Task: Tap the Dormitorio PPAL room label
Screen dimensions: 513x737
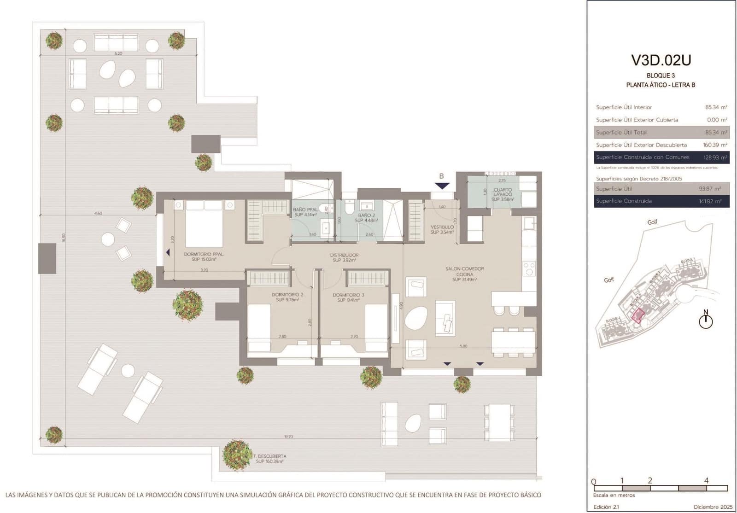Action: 204,256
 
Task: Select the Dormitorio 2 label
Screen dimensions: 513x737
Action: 287,297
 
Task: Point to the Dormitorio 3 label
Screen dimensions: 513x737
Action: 348,297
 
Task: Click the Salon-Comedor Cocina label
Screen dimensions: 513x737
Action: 464,274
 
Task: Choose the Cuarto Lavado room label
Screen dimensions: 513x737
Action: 502,194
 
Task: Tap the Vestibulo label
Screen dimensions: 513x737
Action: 442,229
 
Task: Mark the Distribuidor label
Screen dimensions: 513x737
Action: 344,257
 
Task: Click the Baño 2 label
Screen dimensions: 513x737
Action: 366,218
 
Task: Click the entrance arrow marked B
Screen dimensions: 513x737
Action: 442,186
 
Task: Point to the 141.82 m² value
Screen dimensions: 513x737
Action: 710,201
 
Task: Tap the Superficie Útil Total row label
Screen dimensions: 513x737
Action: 621,133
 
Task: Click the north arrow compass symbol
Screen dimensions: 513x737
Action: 705,320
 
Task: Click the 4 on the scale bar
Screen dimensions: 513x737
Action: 706,480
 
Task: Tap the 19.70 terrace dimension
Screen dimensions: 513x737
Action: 288,437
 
